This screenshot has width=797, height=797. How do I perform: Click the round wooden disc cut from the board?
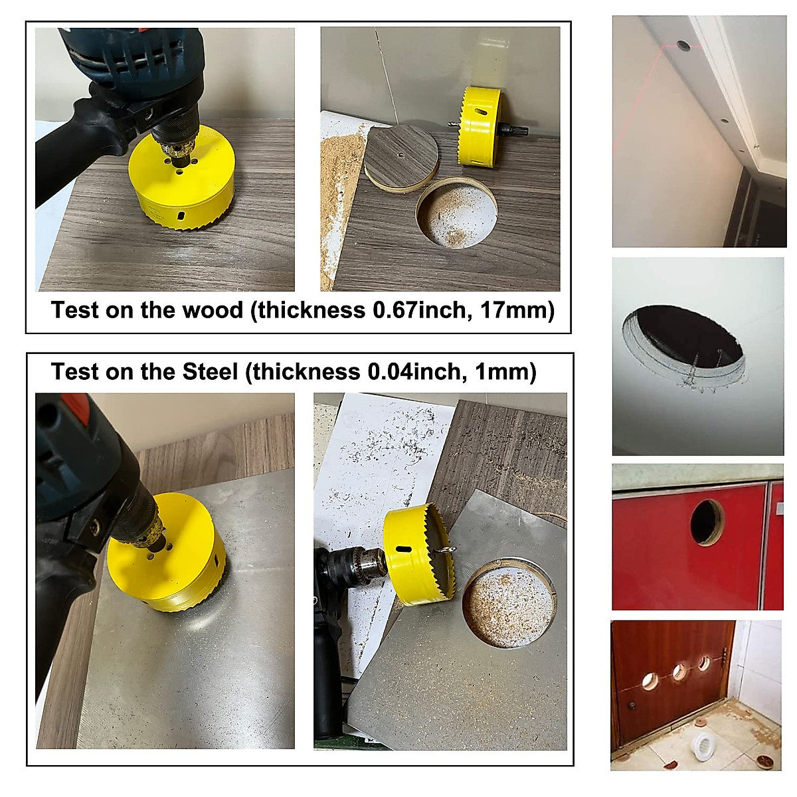401,158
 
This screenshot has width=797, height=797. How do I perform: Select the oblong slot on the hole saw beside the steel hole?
400,549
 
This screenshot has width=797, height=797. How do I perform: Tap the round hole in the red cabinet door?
707,522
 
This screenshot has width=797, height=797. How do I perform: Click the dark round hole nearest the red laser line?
683,46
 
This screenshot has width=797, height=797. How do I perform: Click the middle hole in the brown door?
679,671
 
